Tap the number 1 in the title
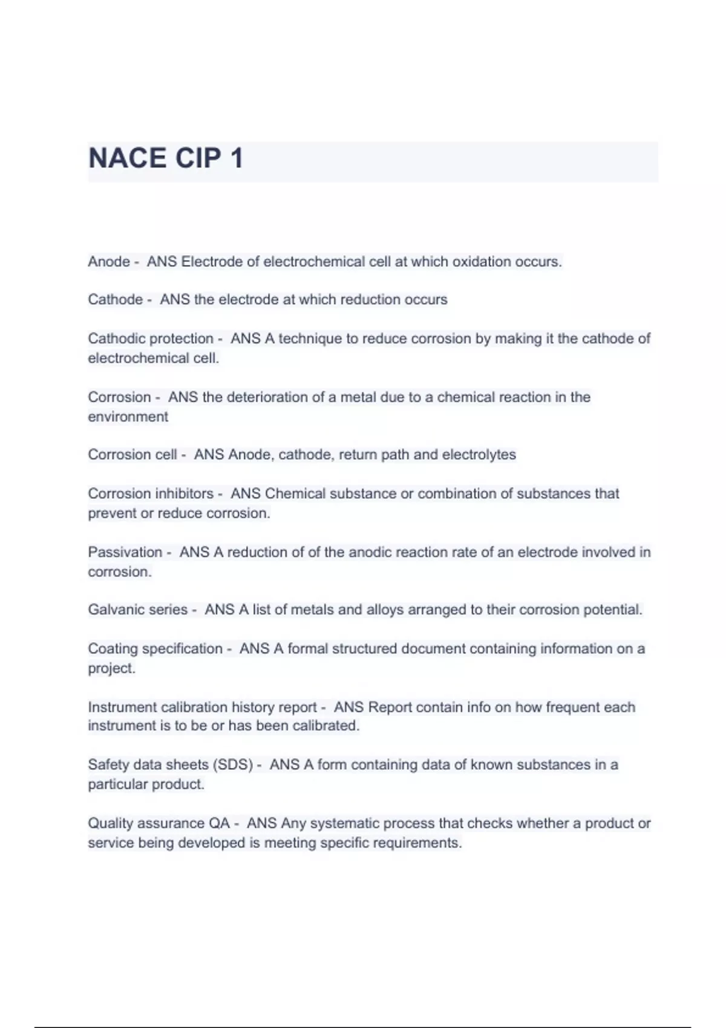(237, 158)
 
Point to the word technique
(310, 339)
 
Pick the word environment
(128, 417)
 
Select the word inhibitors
(184, 493)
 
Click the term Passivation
(125, 552)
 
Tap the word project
(111, 668)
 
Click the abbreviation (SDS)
(232, 765)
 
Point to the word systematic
(345, 824)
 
